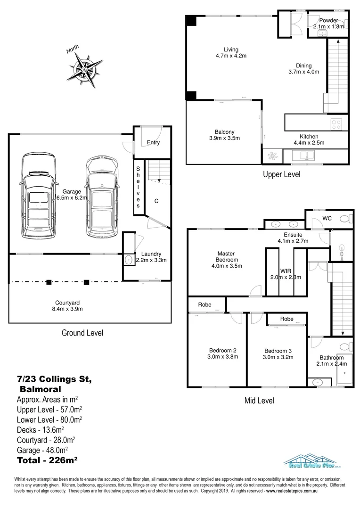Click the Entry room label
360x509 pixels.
click(x=153, y=142)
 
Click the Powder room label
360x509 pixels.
click(x=328, y=24)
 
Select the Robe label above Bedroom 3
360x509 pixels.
click(x=286, y=319)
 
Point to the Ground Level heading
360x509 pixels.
click(x=82, y=333)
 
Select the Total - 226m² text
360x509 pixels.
click(x=47, y=460)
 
